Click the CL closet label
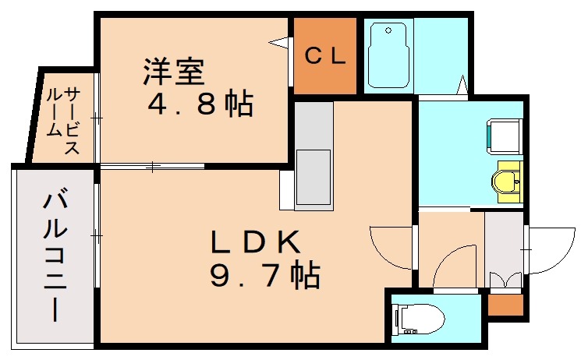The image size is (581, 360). coord(325,56)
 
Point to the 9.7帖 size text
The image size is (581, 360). coord(265,274)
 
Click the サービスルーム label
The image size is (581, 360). coord(62,120)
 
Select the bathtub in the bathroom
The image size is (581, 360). coord(388,55)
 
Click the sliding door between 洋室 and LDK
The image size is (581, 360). coord(152,166)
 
